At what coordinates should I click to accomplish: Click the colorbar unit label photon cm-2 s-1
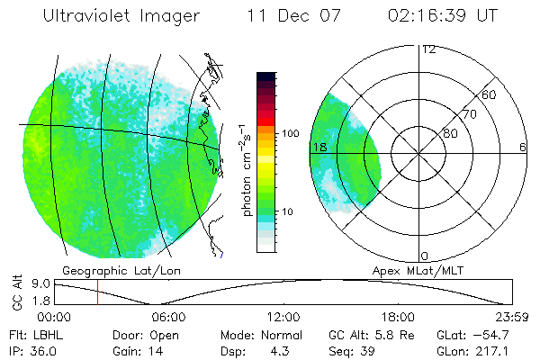coord(246,169)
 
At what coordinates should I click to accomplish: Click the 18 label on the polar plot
coord(319,147)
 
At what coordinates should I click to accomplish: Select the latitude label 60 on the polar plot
coord(489,94)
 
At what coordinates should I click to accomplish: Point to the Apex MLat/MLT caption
coord(423,270)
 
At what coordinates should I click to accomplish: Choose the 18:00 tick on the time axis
coord(398,317)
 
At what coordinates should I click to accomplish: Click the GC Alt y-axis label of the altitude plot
coord(14,292)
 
